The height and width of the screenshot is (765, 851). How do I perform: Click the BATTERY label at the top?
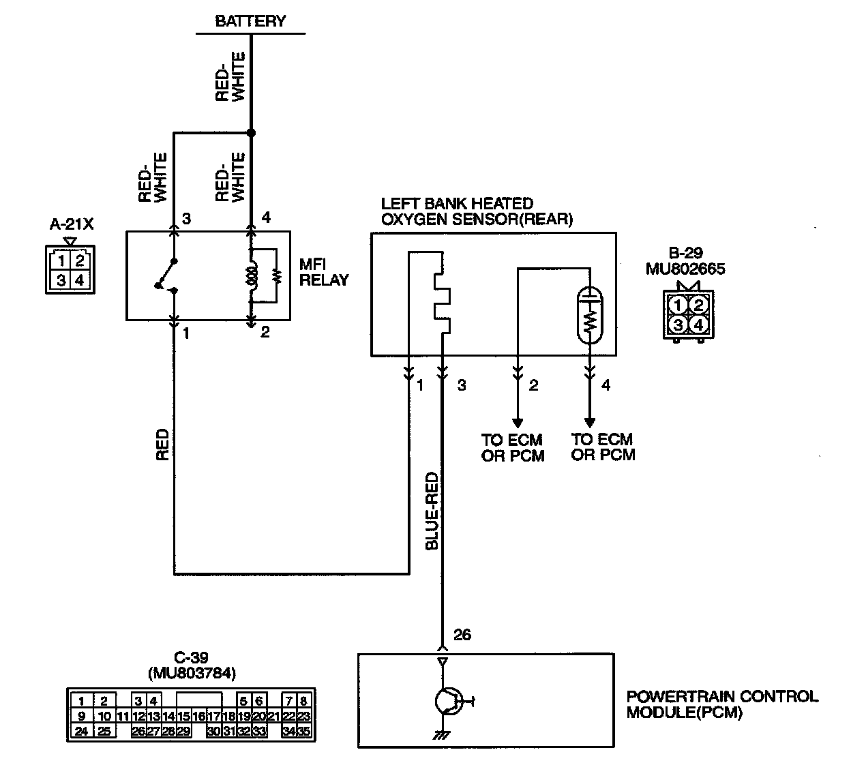tap(250, 21)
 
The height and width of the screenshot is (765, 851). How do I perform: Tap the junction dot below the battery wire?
tap(251, 133)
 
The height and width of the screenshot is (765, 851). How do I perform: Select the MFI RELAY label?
tap(324, 271)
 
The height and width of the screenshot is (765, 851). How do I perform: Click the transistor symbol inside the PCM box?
tap(448, 701)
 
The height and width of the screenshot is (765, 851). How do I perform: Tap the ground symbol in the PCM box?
tap(441, 734)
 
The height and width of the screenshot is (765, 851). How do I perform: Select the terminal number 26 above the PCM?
tap(462, 635)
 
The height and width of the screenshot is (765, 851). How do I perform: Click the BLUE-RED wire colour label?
tap(431, 511)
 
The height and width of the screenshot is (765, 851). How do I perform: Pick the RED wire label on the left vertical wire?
tap(162, 444)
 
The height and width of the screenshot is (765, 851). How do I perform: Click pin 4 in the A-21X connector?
tap(79, 280)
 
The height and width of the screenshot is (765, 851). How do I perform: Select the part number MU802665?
tap(685, 269)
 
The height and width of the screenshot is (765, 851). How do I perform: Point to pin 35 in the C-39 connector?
tap(304, 732)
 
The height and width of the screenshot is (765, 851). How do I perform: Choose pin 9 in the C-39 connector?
tap(82, 716)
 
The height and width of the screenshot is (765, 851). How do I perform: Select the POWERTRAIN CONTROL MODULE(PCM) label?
tap(721, 704)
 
